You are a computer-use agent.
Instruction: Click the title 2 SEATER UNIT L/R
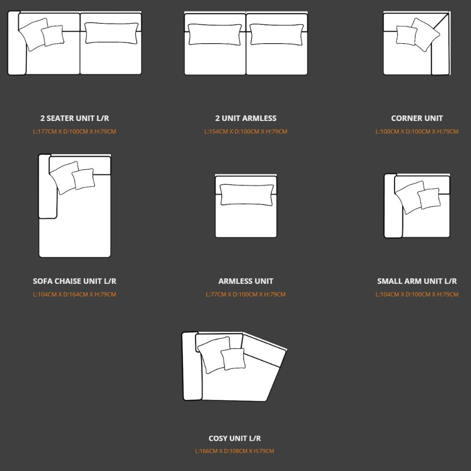[x=75, y=118]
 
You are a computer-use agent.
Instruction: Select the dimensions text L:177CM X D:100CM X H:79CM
[x=75, y=132]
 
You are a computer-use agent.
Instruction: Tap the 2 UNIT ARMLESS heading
[x=246, y=118]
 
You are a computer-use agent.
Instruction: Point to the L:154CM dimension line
[x=246, y=132]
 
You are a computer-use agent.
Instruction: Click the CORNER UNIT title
[x=417, y=118]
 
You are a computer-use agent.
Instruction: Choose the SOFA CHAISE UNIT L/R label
[x=75, y=281]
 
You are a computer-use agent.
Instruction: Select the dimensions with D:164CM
[x=75, y=294]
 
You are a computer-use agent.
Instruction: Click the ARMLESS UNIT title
[x=246, y=281]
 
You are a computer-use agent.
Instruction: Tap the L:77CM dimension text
[x=246, y=294]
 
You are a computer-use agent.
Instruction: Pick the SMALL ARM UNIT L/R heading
[x=417, y=281]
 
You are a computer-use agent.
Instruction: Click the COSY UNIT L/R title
[x=235, y=438]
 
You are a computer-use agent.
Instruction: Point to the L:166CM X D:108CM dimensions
[x=235, y=451]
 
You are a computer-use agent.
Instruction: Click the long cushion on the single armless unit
[x=247, y=195]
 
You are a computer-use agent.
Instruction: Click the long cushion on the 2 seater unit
[x=111, y=33]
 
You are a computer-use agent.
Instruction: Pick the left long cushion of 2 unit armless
[x=215, y=34]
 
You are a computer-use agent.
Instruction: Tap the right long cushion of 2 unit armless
[x=276, y=34]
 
